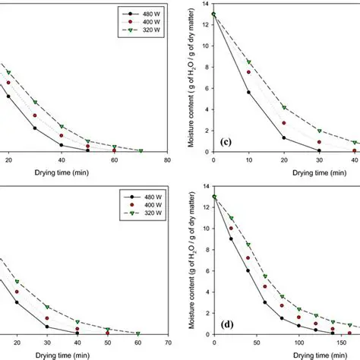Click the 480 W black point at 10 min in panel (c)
(x=248, y=93)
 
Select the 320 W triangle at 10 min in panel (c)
(x=248, y=62)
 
